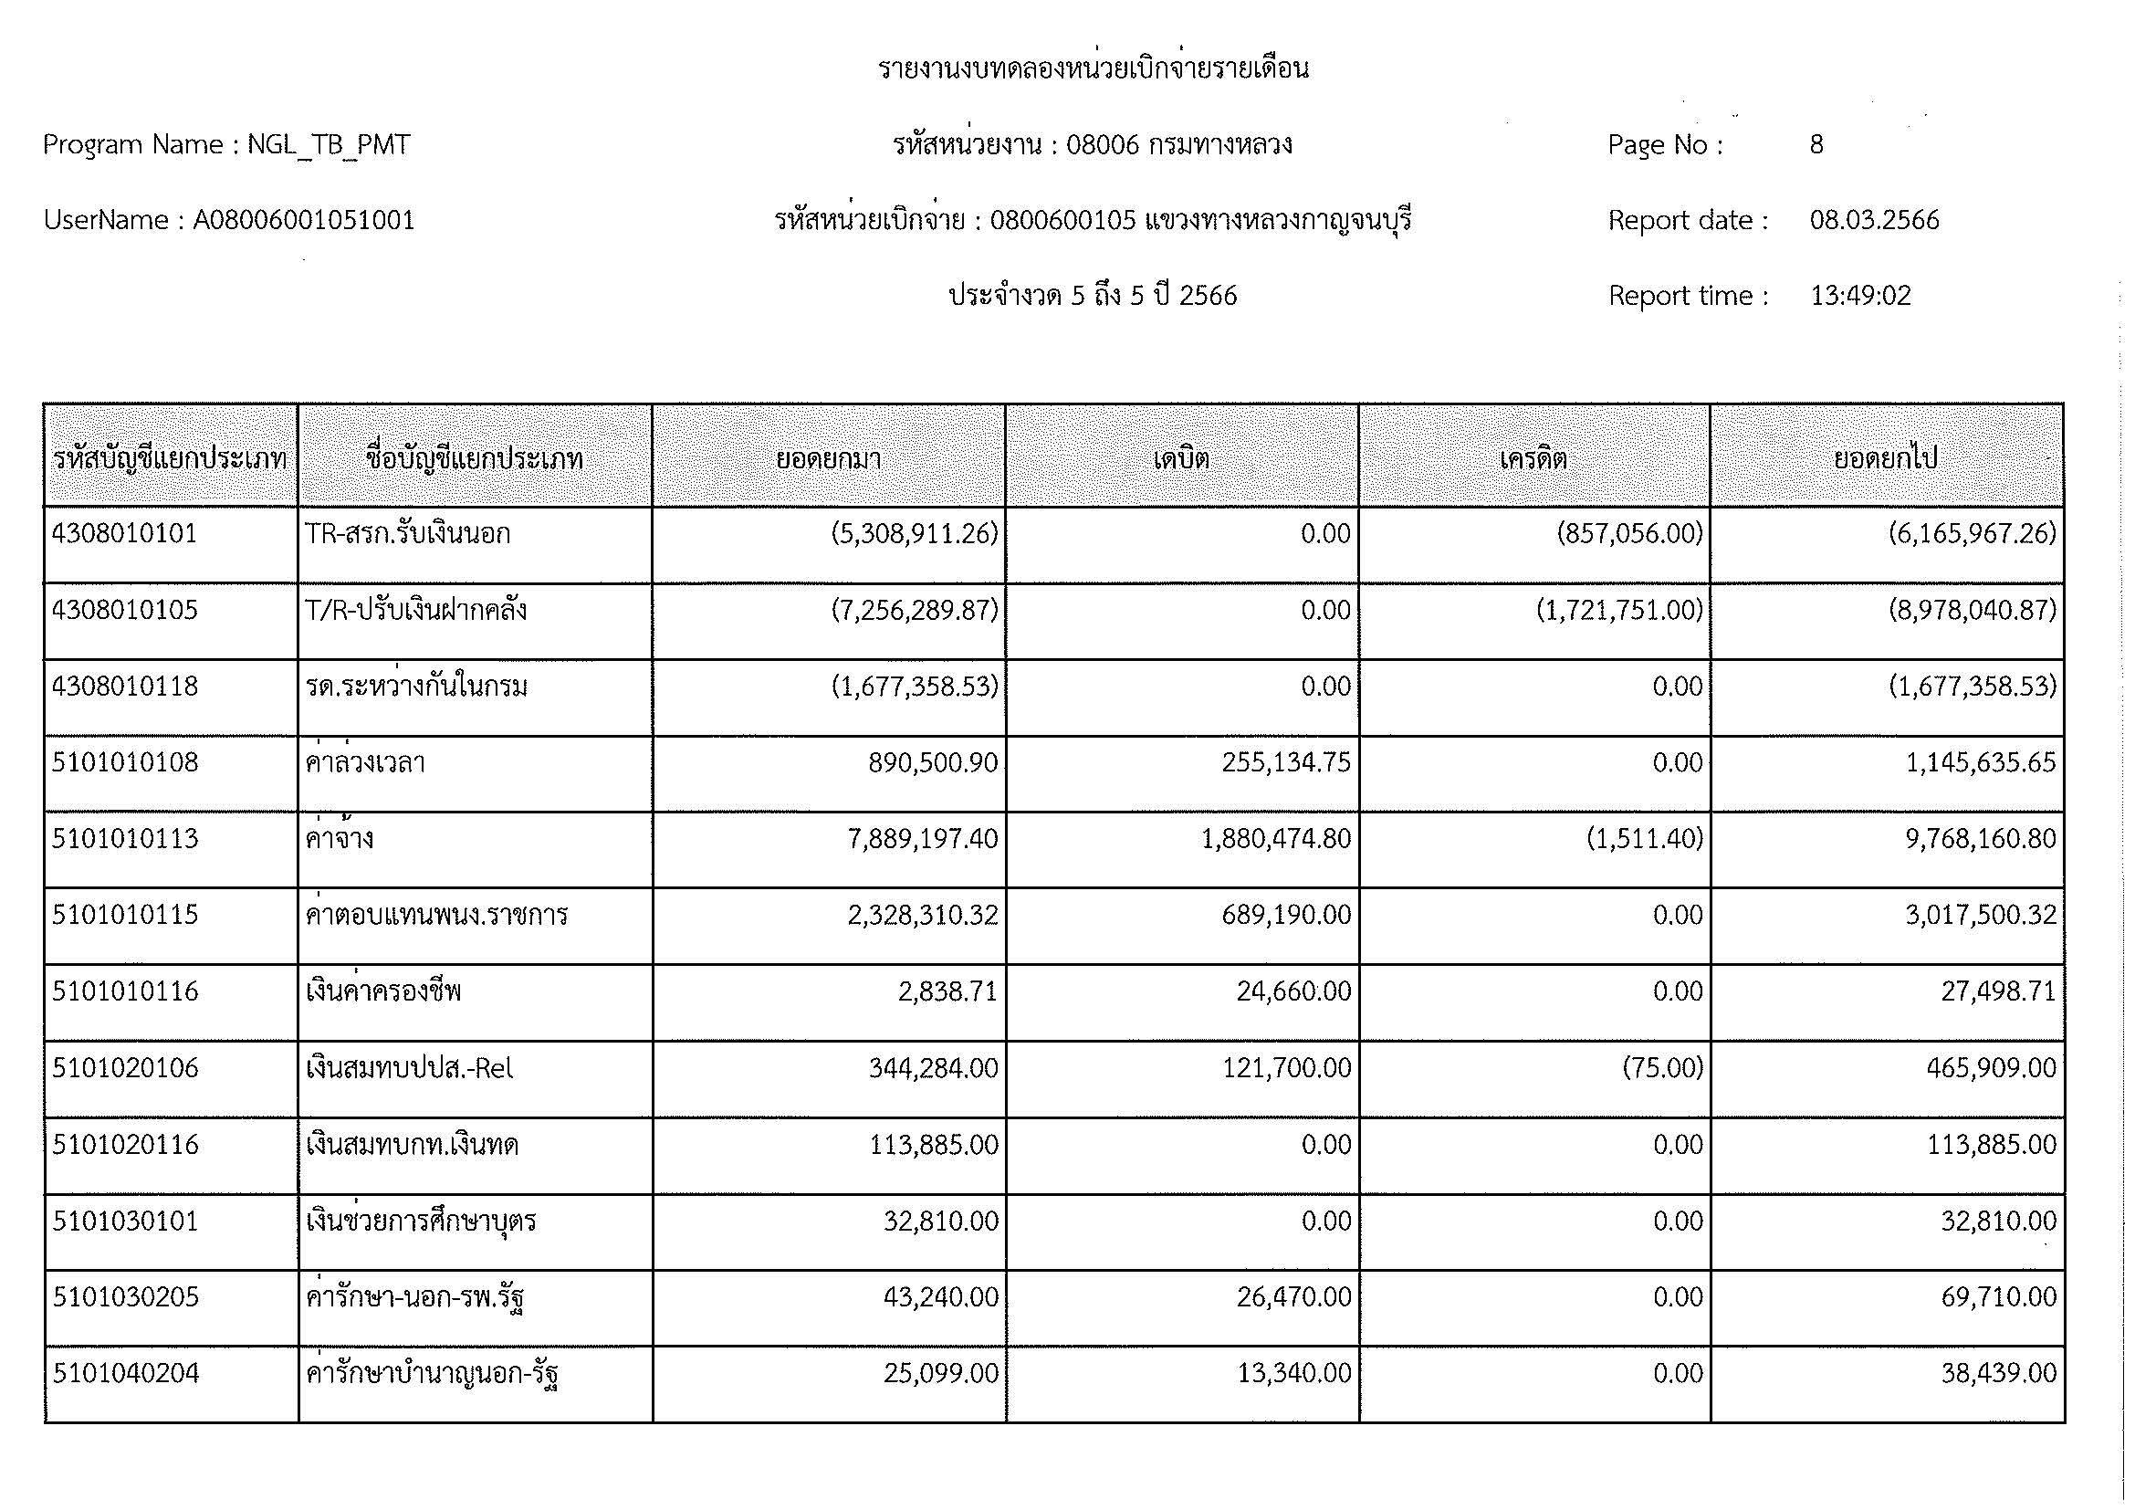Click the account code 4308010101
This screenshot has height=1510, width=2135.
click(125, 534)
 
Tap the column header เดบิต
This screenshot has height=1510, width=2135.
click(1181, 458)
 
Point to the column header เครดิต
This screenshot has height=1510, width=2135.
click(1533, 458)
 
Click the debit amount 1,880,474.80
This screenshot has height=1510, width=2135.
click(1276, 839)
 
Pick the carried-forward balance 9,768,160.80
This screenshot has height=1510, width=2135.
click(1981, 839)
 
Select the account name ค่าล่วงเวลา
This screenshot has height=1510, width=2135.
click(365, 762)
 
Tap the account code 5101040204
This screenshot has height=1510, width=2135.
click(126, 1373)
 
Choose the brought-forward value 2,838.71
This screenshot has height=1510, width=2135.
click(947, 991)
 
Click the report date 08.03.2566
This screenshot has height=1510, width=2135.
click(1874, 220)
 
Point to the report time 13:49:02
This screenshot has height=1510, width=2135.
click(1859, 296)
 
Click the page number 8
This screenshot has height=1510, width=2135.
click(1816, 145)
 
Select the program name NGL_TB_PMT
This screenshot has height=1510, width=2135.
click(329, 145)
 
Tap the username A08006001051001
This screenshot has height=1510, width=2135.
click(303, 220)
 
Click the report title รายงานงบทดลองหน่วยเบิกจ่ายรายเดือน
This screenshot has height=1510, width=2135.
click(1094, 68)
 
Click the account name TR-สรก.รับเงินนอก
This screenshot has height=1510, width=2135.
click(407, 534)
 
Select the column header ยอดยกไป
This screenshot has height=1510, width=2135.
click(1885, 458)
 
